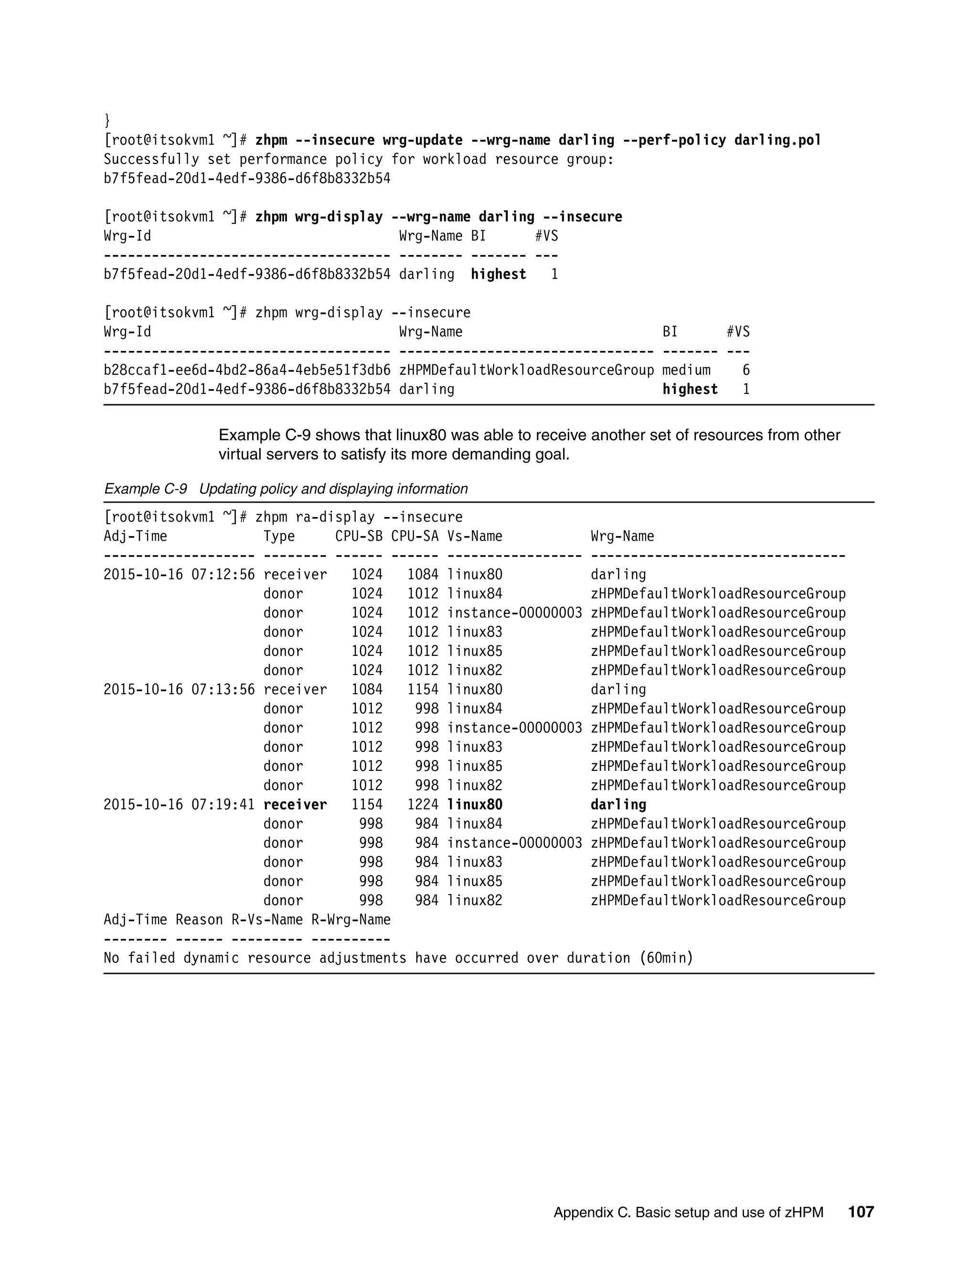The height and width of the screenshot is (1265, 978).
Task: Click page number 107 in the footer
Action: coord(861,1212)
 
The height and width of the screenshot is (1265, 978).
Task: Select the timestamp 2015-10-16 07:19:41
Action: coord(179,804)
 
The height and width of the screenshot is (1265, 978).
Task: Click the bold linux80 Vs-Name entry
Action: coord(475,804)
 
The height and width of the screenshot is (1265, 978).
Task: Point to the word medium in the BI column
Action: coord(686,370)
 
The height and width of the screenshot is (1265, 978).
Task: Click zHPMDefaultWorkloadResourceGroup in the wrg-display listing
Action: coord(526,370)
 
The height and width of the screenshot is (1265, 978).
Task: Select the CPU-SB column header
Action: coord(359,537)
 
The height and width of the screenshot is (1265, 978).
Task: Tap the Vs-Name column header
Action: coord(475,537)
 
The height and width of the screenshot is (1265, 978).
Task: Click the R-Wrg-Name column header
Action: coord(351,920)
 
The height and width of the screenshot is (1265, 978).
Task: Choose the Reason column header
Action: coord(199,920)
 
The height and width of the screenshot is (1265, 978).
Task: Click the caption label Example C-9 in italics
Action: coord(146,489)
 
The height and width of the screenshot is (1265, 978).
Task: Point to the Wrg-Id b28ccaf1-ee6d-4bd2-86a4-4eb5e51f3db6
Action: coord(247,370)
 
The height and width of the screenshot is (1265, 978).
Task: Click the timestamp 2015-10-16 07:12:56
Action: coord(179,575)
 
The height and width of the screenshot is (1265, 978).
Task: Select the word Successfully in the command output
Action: coord(151,159)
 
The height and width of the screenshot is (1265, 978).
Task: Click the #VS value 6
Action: coord(746,370)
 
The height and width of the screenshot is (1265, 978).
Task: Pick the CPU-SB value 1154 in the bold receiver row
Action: coord(367,804)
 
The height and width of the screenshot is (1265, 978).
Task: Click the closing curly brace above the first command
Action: coord(107,121)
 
